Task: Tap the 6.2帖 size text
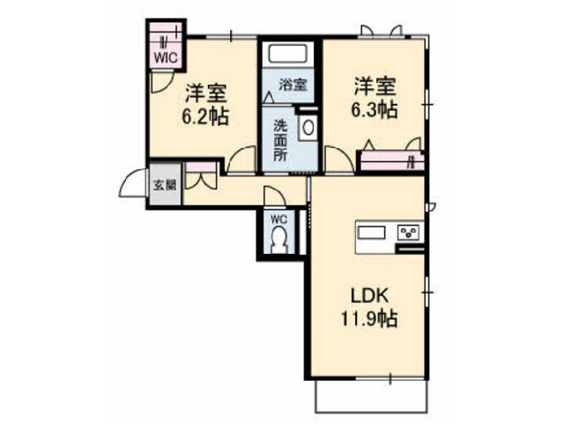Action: (x=207, y=115)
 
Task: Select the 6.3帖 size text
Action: (x=375, y=111)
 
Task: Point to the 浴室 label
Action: (x=293, y=85)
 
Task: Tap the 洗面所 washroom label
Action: (x=279, y=139)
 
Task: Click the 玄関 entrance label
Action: (x=165, y=185)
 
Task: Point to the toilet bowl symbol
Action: (x=279, y=238)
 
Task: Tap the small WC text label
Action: (x=278, y=219)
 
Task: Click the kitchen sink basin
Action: (x=371, y=233)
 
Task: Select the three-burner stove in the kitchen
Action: (x=409, y=233)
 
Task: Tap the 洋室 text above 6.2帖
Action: (x=206, y=91)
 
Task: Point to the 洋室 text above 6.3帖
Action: (x=375, y=86)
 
